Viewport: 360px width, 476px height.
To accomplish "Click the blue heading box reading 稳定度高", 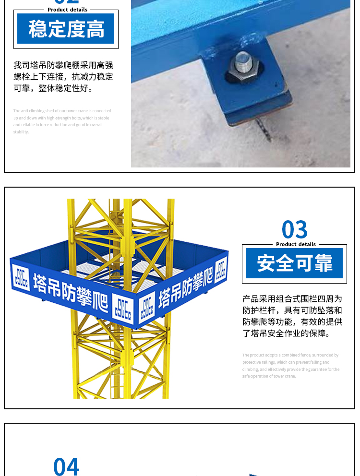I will point(66,29).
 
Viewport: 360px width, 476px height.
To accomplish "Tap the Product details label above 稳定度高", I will point(67,10).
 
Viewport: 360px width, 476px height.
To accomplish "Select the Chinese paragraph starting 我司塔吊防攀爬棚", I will point(63,77).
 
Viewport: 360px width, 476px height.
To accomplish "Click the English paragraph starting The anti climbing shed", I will point(62,121).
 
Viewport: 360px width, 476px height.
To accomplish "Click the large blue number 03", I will point(295,230).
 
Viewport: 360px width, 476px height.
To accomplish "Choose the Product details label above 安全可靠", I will point(296,244).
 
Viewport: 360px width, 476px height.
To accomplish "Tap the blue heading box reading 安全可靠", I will point(294,263).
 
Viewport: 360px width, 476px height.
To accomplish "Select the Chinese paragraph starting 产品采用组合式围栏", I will point(292,316).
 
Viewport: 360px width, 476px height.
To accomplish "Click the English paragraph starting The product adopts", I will point(291,366).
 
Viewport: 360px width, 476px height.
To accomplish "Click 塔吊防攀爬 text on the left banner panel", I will point(71,290).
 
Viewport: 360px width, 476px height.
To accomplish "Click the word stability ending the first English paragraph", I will point(21,132).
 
